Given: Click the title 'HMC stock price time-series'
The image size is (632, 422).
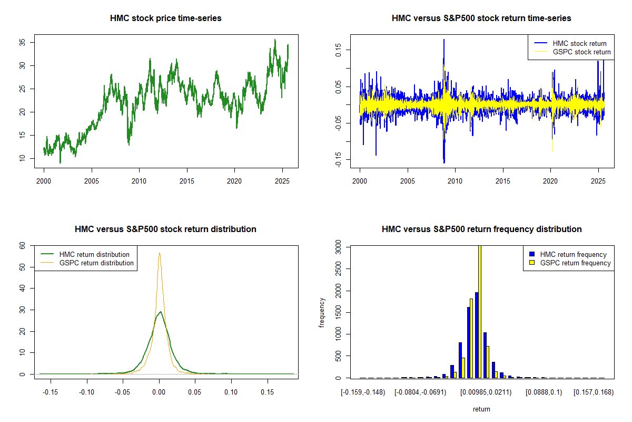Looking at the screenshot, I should (165, 18).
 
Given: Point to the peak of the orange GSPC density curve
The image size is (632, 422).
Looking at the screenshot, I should (159, 253).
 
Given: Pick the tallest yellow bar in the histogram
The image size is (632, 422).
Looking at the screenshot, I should (479, 311).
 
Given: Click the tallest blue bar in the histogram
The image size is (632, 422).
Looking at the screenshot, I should (476, 335).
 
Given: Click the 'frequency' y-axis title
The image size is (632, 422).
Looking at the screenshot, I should (322, 312).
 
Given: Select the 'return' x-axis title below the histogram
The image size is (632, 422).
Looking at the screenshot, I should (481, 409).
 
